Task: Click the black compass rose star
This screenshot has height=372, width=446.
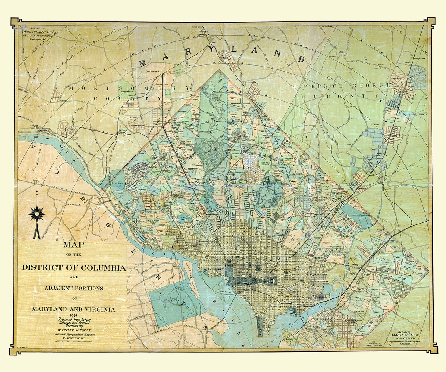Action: [x=36, y=213]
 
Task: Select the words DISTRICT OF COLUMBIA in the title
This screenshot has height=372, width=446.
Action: [x=74, y=268]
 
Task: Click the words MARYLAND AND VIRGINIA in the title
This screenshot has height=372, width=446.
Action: [x=74, y=309]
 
